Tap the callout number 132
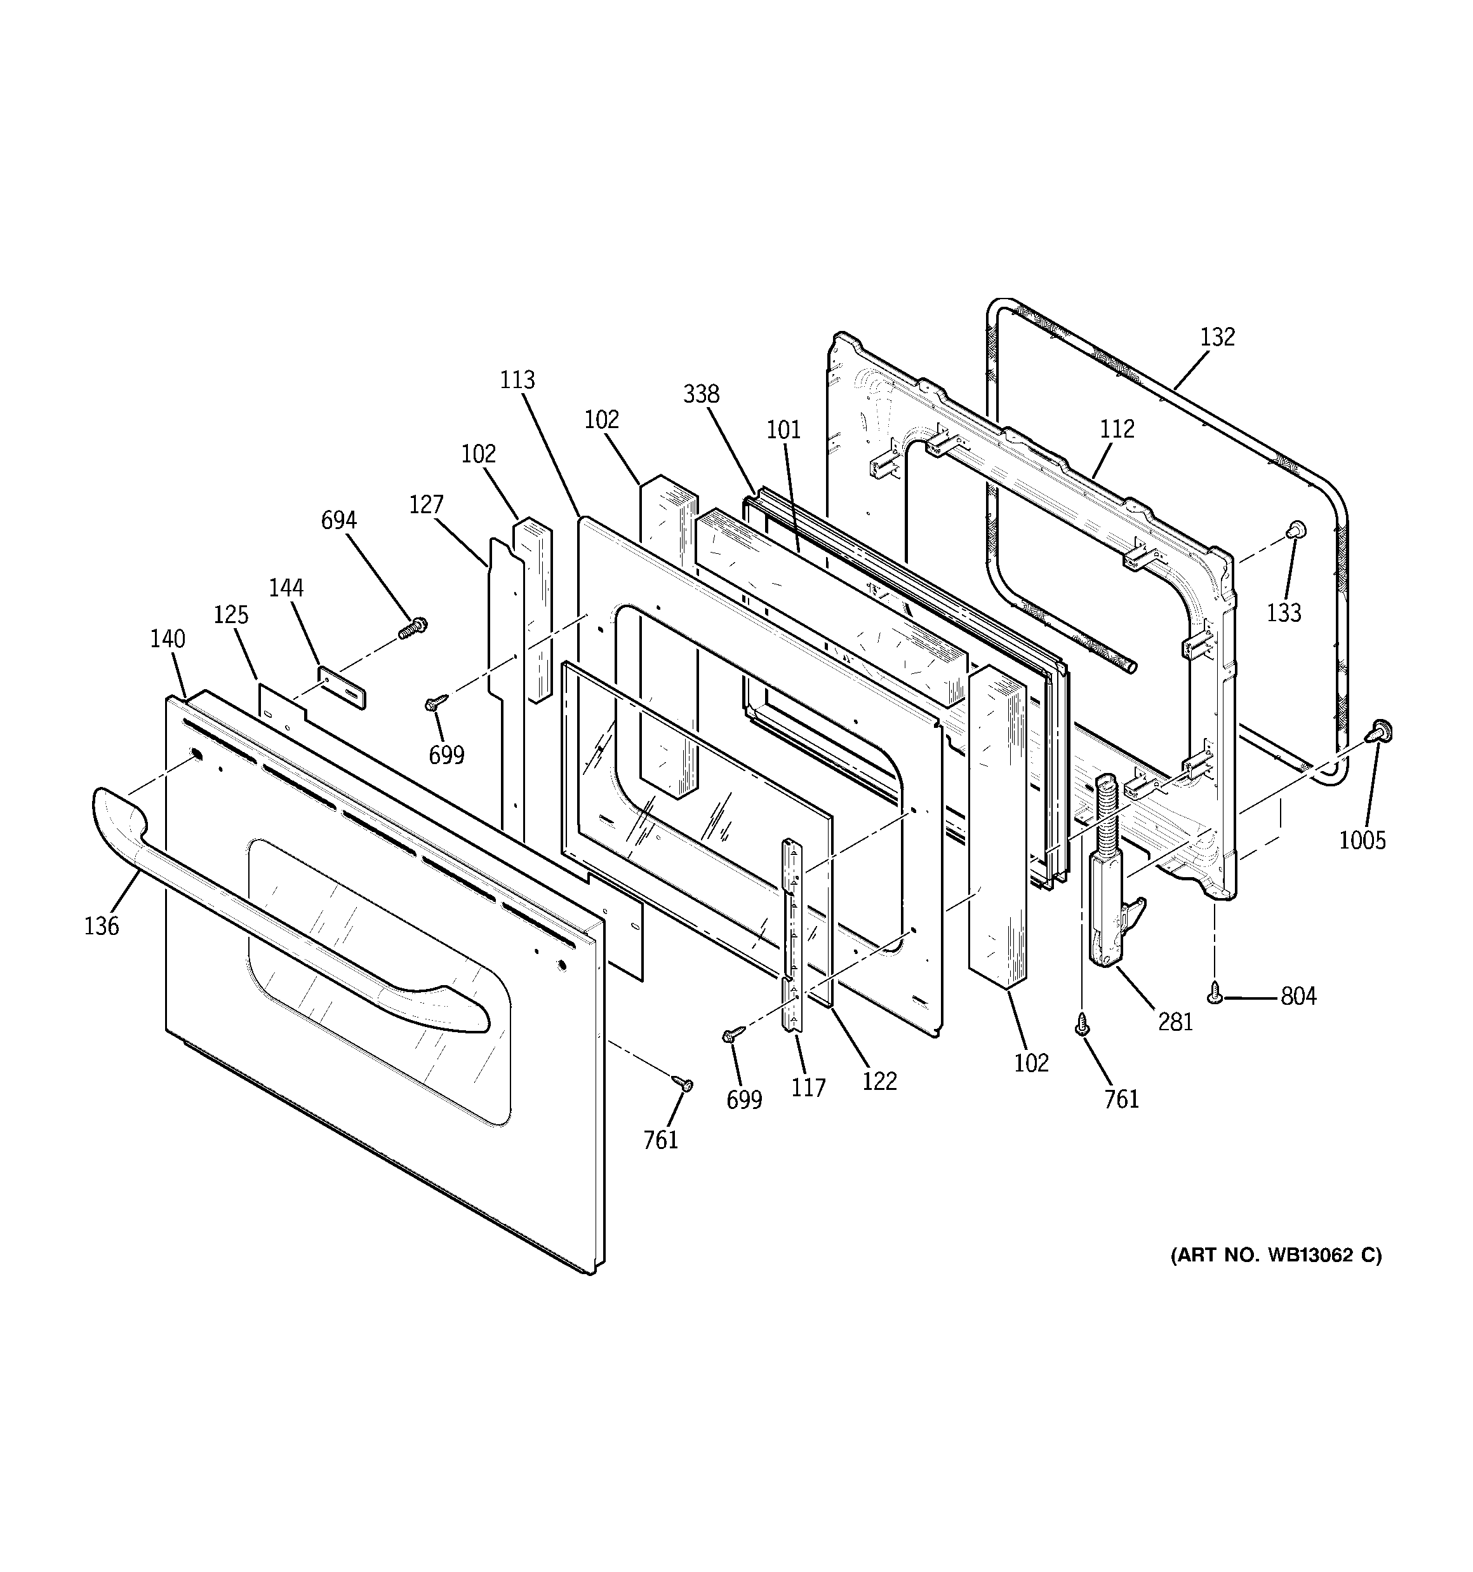1217,337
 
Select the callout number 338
700,394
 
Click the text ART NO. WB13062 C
1276,1277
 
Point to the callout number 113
517,380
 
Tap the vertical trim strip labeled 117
792,933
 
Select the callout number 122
879,1081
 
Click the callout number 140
168,638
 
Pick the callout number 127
426,504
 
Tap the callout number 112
1116,429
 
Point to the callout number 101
783,429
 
